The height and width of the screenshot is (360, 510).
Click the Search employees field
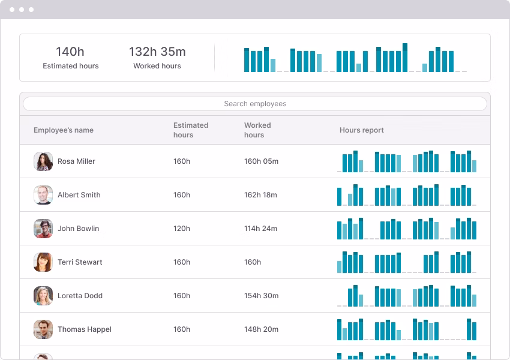[x=255, y=104]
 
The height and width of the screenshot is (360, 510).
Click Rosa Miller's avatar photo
[x=43, y=161]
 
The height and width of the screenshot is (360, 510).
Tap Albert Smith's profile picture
[x=43, y=195]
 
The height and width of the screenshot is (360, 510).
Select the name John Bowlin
[x=78, y=229]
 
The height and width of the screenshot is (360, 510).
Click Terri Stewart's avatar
[x=43, y=262]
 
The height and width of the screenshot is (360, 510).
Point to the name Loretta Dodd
[x=80, y=296]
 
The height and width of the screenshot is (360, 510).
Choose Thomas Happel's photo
[x=43, y=329]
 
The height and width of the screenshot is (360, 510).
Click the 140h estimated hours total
[x=70, y=52]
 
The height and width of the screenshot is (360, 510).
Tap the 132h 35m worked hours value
[x=157, y=52]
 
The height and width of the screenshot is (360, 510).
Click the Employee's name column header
[x=64, y=130]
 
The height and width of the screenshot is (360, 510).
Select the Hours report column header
[x=361, y=130]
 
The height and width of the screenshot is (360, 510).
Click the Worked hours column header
[x=257, y=130]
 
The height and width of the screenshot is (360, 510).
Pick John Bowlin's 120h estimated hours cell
[x=182, y=229]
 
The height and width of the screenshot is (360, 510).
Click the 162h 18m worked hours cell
[x=260, y=195]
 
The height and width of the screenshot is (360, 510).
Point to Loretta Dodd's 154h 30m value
[x=261, y=296]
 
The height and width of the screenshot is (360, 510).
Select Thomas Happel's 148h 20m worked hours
[x=261, y=329]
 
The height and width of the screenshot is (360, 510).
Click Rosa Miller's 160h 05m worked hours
[x=261, y=161]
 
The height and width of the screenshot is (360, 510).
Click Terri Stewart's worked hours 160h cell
[x=253, y=262]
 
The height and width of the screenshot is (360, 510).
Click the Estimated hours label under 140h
[x=71, y=66]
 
